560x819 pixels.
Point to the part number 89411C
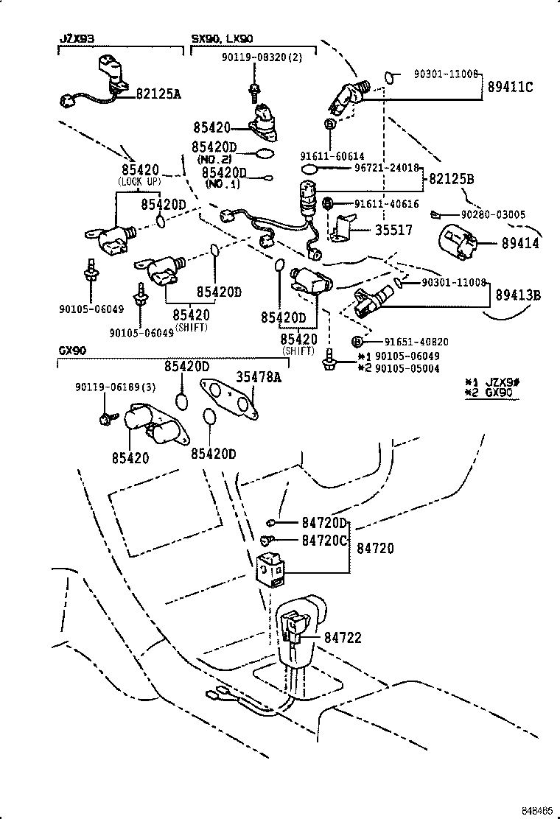(509, 87)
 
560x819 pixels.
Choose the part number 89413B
(517, 295)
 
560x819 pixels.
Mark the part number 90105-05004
(407, 368)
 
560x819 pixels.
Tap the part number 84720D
(323, 523)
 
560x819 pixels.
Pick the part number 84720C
(323, 541)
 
